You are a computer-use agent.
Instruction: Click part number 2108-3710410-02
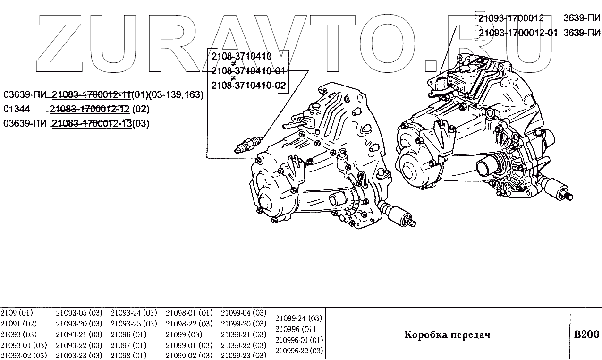tap(248, 86)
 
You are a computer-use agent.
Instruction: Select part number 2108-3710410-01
tap(248, 71)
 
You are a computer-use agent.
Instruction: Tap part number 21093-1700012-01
tap(517, 33)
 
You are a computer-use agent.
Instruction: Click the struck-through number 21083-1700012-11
tap(91, 94)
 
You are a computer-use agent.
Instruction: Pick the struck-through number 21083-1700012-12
tap(90, 109)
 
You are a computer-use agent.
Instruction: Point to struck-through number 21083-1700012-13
tap(91, 124)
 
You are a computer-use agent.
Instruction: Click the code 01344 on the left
tap(16, 109)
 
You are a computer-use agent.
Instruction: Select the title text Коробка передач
tap(447, 335)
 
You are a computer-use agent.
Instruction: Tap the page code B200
tap(586, 334)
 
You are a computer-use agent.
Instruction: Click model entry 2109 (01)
tap(17, 313)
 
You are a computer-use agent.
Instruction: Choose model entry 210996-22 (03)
tap(299, 351)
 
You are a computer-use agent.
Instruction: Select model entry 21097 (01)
tap(128, 345)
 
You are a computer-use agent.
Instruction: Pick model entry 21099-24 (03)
tap(298, 318)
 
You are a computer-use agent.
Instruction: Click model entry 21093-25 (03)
tap(134, 324)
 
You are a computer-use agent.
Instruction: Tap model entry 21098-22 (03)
tap(189, 324)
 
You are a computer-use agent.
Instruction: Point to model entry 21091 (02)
tap(18, 324)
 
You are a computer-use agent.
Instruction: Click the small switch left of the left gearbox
tap(247, 144)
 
